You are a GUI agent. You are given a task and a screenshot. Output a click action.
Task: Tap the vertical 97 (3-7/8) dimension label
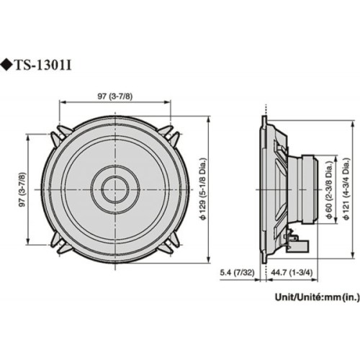(x=22, y=191)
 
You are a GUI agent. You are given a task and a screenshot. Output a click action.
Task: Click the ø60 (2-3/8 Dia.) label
(x=329, y=191)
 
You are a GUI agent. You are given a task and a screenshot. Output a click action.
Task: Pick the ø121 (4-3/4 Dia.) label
(x=347, y=191)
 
